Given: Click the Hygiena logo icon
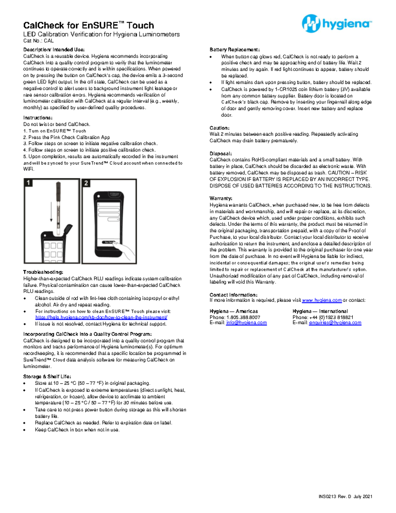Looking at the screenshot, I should point(311,23).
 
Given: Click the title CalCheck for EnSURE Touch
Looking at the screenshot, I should point(88,25).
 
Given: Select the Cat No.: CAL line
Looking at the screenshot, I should point(38,41).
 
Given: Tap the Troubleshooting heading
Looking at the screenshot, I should point(43,272).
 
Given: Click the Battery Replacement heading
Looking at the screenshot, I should point(235,50).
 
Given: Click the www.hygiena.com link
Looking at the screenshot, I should point(322,300).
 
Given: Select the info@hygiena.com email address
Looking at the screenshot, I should point(246,323).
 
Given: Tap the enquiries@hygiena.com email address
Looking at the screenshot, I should point(335,323).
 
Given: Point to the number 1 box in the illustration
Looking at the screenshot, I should point(29,183).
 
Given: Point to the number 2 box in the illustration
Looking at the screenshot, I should point(86,183).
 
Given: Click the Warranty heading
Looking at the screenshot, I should point(221,199).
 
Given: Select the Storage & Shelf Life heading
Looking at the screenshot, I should point(47,377).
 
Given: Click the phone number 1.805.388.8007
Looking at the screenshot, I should point(243,317).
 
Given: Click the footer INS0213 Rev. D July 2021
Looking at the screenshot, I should point(345,496).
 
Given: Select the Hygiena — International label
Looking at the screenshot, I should point(320,311).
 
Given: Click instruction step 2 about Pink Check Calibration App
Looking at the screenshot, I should point(66,137).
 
